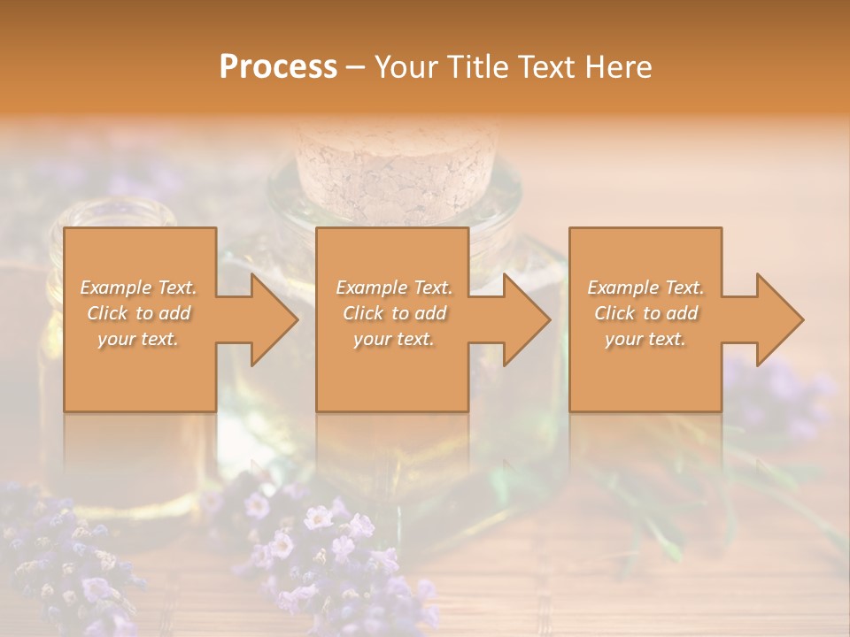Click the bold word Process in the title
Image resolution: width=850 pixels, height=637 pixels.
pos(278,67)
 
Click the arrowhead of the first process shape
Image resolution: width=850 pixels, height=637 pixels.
pos(270,319)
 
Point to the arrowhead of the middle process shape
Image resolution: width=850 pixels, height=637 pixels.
pos(523,319)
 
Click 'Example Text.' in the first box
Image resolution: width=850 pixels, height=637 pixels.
pos(139,288)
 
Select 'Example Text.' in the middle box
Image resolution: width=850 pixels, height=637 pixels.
pos(393,288)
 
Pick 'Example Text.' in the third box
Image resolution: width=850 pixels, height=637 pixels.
pos(645,288)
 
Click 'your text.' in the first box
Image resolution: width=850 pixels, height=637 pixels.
pos(139,339)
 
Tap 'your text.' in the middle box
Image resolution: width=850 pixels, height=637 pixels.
pos(393,339)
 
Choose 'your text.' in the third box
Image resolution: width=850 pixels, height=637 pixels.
pos(645,339)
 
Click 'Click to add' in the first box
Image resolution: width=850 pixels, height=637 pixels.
pos(139,313)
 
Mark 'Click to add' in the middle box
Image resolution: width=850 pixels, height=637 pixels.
pos(393,313)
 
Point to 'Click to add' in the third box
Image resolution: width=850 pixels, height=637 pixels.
pos(645,313)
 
